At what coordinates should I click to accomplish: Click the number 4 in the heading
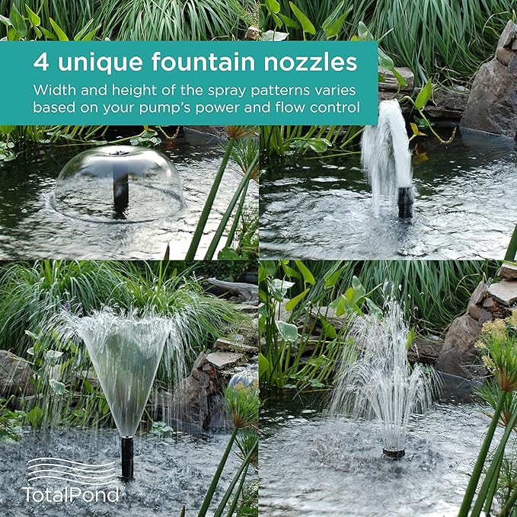40,62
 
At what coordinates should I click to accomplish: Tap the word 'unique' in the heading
90,62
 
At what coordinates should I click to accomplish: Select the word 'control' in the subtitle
335,107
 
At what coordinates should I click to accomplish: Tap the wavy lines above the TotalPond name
72,470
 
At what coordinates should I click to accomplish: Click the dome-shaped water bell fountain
119,183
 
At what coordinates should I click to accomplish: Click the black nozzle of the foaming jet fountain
405,203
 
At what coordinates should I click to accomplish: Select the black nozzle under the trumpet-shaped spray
127,458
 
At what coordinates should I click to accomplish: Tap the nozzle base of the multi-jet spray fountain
394,452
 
